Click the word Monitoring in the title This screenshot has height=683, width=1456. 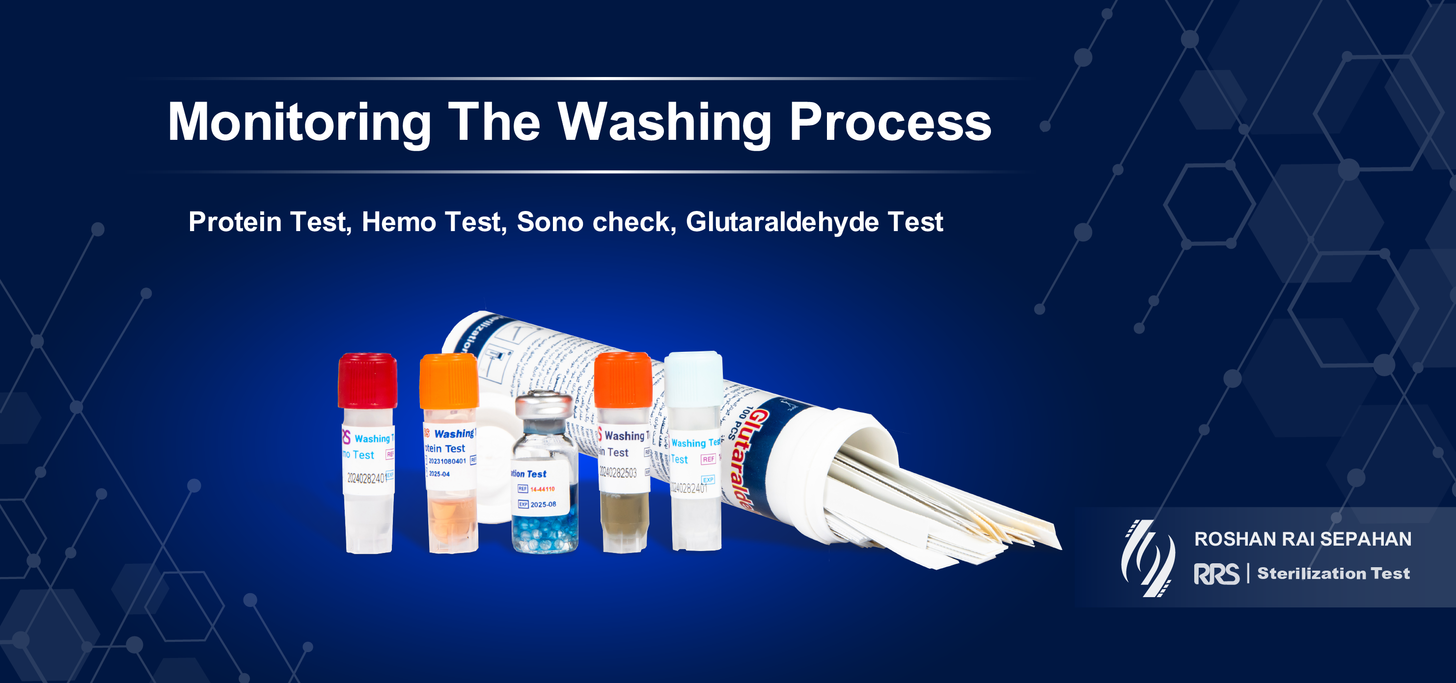(x=299, y=123)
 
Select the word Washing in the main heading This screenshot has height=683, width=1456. (x=665, y=123)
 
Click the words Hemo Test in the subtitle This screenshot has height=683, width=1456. (x=431, y=221)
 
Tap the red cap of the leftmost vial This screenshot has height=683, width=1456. (x=367, y=380)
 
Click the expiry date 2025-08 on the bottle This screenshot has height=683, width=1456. (x=543, y=504)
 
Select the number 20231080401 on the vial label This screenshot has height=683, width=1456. (x=447, y=462)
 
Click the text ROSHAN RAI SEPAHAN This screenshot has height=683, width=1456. (x=1302, y=539)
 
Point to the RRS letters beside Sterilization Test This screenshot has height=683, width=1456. (x=1216, y=574)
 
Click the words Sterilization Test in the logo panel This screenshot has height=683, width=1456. (x=1333, y=574)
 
